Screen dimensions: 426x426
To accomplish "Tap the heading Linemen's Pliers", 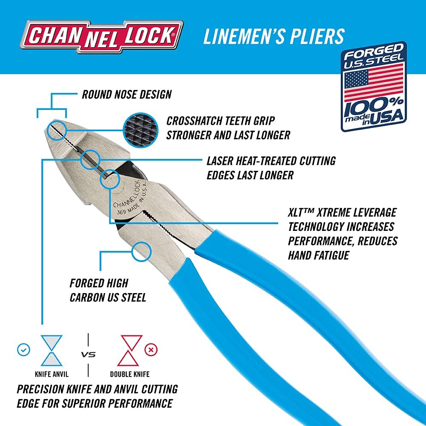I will [x=273, y=37].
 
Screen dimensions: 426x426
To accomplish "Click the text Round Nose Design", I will [x=127, y=94].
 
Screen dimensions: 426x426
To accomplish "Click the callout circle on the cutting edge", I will [x=90, y=160].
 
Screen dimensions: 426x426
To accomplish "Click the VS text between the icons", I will [x=88, y=354].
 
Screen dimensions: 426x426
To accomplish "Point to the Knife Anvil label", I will [x=52, y=375].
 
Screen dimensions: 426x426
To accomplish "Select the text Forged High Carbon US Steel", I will [x=107, y=290].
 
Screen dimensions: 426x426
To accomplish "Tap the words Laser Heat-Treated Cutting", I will [x=271, y=161].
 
